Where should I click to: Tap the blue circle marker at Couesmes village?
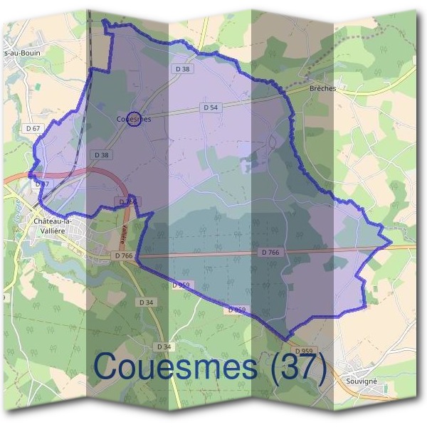[x=137, y=120]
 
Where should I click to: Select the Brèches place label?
[x=322, y=88]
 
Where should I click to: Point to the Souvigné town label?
[x=361, y=381]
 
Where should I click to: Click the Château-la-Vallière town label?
[x=57, y=226]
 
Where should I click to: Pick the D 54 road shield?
[x=209, y=107]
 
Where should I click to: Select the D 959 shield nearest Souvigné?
[x=303, y=351]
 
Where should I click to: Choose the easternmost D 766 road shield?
[x=270, y=253]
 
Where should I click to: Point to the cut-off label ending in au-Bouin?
[x=21, y=53]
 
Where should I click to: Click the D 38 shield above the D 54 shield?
[x=181, y=69]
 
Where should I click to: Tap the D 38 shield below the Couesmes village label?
[x=101, y=154]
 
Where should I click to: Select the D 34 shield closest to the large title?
[x=163, y=347]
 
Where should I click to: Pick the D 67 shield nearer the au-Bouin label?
[x=33, y=128]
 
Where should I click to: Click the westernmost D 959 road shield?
[x=181, y=285]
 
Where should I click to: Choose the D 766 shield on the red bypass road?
[x=127, y=202]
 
